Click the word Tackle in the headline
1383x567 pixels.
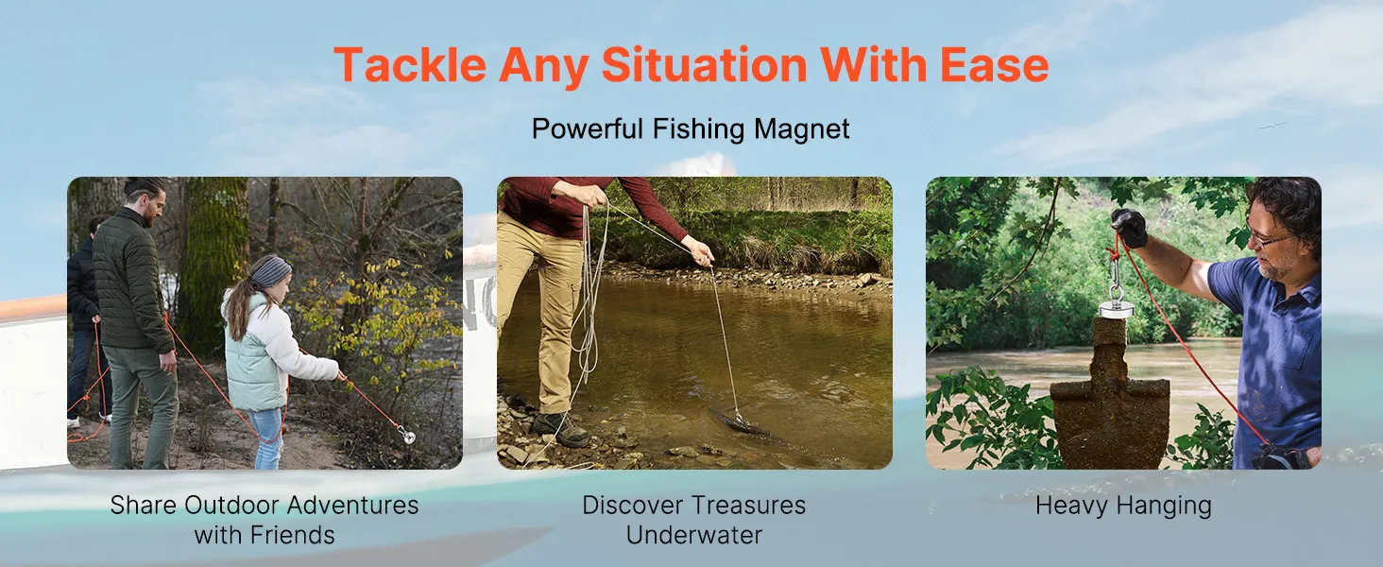click(x=411, y=64)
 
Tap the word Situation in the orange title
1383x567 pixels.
click(x=704, y=64)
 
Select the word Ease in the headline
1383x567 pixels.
click(x=994, y=64)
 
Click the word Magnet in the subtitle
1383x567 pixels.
click(x=801, y=129)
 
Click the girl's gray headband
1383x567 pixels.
click(x=272, y=271)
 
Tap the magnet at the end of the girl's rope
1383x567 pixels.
click(x=406, y=436)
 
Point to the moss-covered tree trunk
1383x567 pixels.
click(x=213, y=260)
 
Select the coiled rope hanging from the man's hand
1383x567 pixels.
click(x=587, y=297)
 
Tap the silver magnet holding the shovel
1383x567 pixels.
click(x=1117, y=306)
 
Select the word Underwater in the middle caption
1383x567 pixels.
click(x=694, y=535)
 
